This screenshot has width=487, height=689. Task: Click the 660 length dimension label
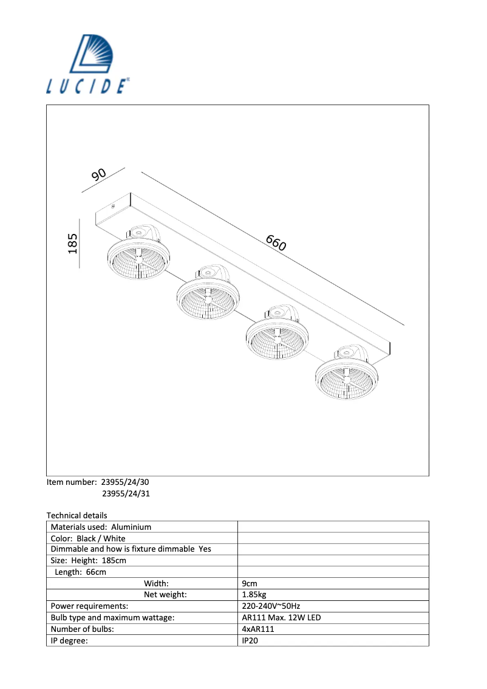(276, 243)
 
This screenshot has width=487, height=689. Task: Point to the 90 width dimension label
(99, 175)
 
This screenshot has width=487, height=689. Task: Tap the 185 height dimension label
(73, 243)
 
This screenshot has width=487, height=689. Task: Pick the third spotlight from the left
(276, 333)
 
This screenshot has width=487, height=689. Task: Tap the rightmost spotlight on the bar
(346, 372)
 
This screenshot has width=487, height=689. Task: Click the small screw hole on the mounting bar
(113, 207)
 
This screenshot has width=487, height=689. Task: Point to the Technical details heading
(77, 515)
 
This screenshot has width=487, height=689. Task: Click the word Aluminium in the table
(131, 527)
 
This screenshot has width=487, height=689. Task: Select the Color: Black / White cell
(88, 538)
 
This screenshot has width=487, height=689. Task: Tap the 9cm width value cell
(250, 583)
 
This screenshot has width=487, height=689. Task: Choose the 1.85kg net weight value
(254, 595)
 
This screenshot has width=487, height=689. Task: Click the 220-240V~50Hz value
(271, 606)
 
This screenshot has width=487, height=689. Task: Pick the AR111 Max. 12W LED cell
(281, 618)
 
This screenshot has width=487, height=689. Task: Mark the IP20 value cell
(250, 640)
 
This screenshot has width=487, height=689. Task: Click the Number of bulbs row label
(83, 629)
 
